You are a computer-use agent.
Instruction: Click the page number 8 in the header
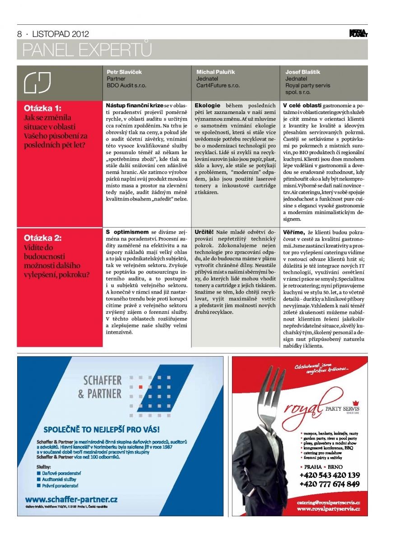[x=19, y=34]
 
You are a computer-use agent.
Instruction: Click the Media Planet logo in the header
[x=358, y=33]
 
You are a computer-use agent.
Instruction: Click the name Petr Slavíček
[x=125, y=72]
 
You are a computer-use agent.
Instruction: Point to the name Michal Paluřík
[x=215, y=72]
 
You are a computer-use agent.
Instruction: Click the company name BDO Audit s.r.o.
[x=127, y=85]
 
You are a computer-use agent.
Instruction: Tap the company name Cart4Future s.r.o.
[x=218, y=85]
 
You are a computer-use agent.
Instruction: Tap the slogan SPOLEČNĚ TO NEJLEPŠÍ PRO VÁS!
[x=102, y=428]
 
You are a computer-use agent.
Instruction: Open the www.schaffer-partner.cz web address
[x=71, y=499]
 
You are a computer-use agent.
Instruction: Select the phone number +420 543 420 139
[x=330, y=475]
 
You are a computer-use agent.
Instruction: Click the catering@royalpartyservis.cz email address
[x=329, y=502]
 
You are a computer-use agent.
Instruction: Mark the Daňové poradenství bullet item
[x=61, y=473]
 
